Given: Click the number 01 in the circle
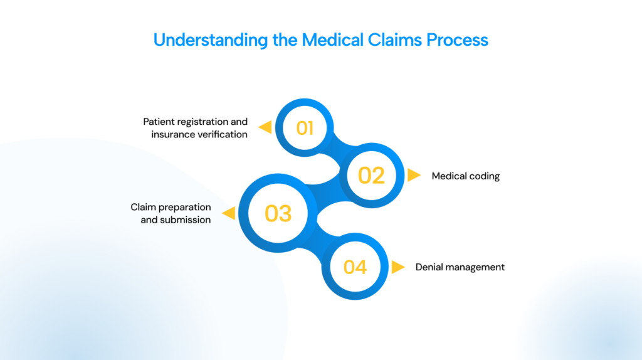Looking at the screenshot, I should pos(305,128).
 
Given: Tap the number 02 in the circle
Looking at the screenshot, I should pos(371,176).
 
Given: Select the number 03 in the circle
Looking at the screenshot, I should pos(278,214).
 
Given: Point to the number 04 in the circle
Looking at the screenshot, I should pos(355,267).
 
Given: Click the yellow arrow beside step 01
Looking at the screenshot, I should pos(265,128).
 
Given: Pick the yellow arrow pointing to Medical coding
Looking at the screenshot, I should pos(414,176).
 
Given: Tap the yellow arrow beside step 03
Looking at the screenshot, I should pos(229,214).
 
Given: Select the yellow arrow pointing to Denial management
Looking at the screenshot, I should pos(397,267).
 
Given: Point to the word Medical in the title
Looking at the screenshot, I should pos(330,40).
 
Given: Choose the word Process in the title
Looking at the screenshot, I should pos(458,40).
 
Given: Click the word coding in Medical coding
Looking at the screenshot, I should pos(485,176).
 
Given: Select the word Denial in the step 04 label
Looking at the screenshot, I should pos(429,267).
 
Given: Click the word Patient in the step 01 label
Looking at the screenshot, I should pos(158,122).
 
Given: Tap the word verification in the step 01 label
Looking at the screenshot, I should pos(222,134).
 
